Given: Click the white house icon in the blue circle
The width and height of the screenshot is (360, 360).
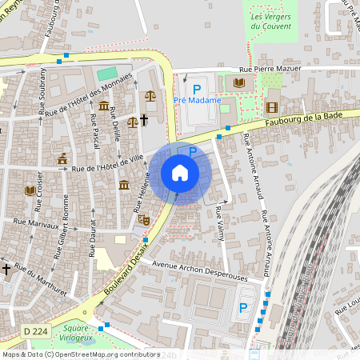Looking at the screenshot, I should [180, 173].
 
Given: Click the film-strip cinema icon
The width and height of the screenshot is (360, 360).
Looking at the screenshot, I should [272, 107].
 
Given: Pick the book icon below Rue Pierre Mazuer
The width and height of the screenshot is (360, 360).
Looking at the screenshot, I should [238, 82].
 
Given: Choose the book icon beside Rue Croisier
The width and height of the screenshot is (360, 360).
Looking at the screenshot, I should [30, 190].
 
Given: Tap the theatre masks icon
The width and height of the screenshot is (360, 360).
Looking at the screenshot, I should [144, 218].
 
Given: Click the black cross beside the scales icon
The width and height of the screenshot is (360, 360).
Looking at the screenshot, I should [145, 120].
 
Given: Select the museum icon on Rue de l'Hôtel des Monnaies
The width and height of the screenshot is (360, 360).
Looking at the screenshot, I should [104, 106].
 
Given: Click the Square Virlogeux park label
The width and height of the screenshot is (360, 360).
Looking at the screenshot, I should [76, 333].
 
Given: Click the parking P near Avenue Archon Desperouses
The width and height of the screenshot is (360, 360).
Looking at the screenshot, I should [243, 306].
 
